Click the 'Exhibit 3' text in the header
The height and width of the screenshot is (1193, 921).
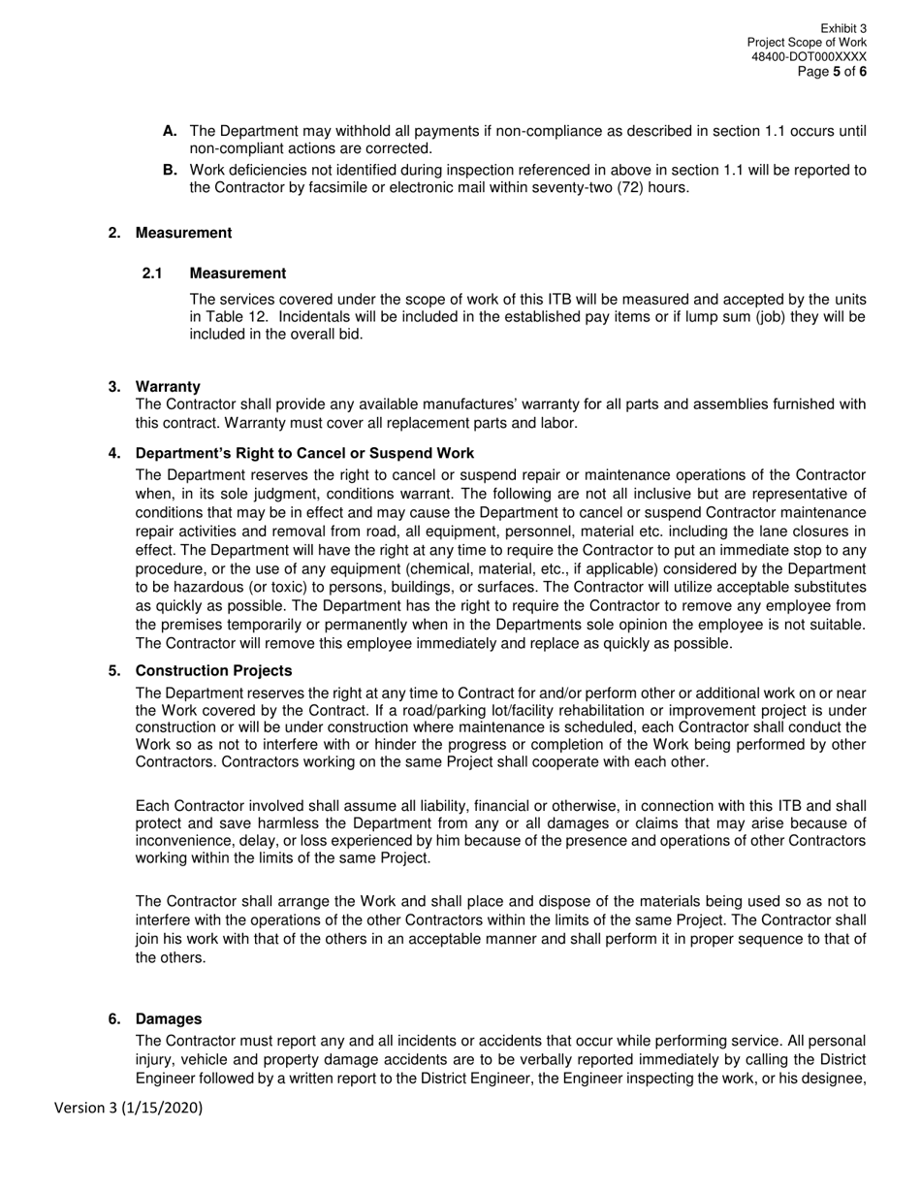(x=842, y=29)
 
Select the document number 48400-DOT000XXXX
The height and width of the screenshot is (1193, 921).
(x=809, y=57)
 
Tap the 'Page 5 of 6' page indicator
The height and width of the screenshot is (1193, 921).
(x=832, y=72)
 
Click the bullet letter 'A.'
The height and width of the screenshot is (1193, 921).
(x=170, y=130)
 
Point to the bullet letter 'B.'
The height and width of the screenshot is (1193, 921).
(x=170, y=170)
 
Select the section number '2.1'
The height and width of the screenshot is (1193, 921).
(x=152, y=273)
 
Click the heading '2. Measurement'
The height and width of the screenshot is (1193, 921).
(x=170, y=233)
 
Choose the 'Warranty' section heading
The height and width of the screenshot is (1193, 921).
(x=168, y=386)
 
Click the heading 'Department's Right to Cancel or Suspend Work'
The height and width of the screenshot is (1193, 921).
(x=304, y=453)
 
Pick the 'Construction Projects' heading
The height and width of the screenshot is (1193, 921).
(x=213, y=670)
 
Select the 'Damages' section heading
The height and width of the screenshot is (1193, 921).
(x=169, y=1018)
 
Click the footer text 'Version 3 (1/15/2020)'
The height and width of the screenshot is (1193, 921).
(x=128, y=1108)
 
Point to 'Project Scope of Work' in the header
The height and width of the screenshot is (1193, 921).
(x=807, y=43)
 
